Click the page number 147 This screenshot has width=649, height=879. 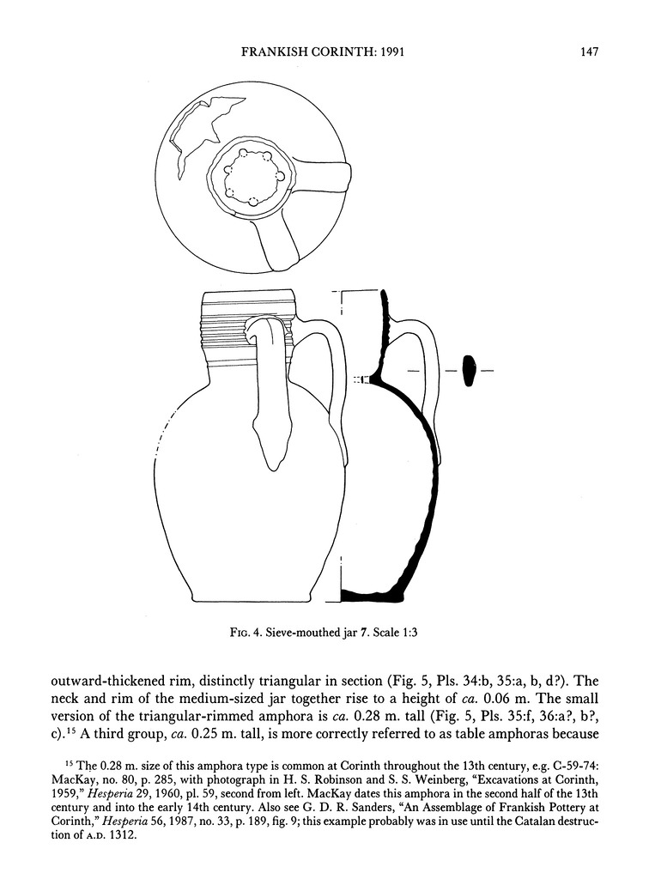(x=588, y=52)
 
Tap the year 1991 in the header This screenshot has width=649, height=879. (x=390, y=52)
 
